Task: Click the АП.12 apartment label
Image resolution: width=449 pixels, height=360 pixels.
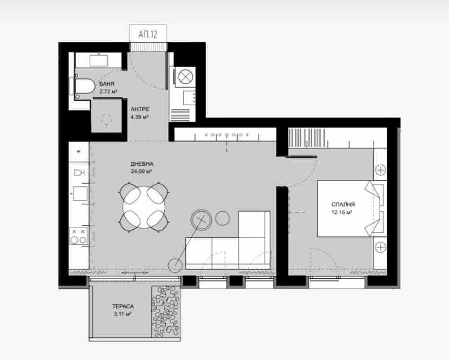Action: [148, 35]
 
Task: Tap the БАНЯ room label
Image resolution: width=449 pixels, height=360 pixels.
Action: [107, 84]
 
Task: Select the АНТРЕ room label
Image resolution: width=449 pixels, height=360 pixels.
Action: [140, 109]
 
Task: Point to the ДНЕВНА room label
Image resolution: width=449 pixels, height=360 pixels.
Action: [142, 164]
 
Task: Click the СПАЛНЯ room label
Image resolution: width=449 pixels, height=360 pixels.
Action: [343, 204]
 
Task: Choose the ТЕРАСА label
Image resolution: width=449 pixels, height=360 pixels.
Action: [123, 306]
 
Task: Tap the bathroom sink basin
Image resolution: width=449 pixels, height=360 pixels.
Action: [99, 61]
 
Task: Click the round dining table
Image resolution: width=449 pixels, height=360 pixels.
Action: [144, 207]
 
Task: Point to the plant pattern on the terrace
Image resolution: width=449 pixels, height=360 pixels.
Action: [166, 312]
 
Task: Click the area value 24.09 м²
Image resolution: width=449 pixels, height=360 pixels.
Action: [141, 172]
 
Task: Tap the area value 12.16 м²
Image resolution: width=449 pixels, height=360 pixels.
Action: [342, 212]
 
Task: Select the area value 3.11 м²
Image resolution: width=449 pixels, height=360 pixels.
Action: [122, 314]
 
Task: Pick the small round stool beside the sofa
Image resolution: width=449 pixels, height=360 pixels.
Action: [223, 218]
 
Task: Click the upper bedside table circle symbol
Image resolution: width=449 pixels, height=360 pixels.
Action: [381, 170]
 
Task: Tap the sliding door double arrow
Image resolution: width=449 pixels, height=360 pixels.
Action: [135, 273]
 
